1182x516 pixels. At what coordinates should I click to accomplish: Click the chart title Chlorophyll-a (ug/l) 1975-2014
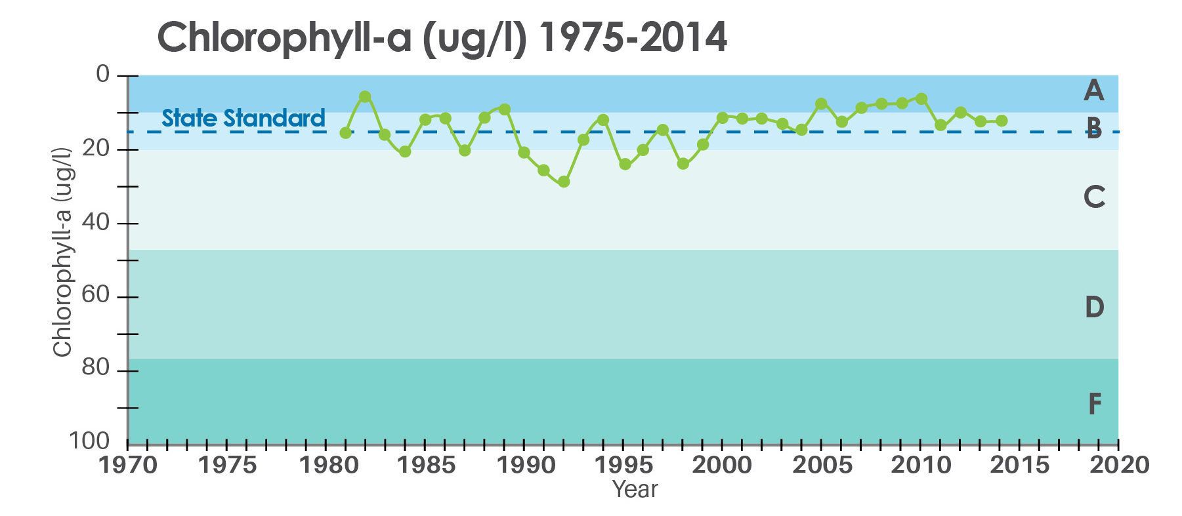point(442,38)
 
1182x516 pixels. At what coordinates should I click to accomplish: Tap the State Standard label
point(243,118)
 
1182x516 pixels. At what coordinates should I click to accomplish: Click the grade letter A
point(1093,90)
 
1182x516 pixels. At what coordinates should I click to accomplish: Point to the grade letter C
point(1093,197)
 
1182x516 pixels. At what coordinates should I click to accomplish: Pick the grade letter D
point(1093,307)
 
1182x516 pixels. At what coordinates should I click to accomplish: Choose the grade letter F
point(1094,405)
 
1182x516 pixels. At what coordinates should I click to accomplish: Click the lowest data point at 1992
point(564,182)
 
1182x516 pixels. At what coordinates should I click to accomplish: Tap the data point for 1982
point(365,96)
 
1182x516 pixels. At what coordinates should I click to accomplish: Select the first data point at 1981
point(345,132)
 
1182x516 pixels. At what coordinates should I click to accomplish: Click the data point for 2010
point(921,98)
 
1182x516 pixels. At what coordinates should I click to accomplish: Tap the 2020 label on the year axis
point(1119,466)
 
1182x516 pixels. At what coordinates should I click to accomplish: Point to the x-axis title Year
point(635,489)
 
